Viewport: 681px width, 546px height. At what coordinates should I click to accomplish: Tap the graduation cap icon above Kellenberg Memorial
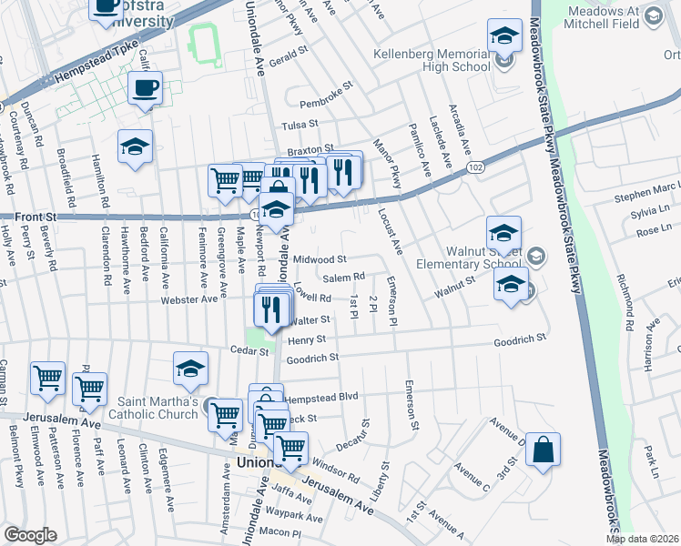point(503,37)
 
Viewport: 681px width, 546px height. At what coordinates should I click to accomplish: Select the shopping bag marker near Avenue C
point(543,450)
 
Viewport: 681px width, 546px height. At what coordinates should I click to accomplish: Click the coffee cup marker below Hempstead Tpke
point(146,88)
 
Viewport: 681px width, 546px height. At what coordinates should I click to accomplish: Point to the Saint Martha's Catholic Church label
point(159,408)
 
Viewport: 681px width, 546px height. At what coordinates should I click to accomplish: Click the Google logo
point(31,535)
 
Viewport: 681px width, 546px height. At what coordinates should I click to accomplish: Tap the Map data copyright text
point(643,539)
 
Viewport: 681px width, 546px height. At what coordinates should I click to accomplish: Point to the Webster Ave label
point(188,298)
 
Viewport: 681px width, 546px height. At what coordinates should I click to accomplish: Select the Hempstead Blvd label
point(321,398)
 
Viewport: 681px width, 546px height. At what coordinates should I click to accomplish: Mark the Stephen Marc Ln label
point(646,194)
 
